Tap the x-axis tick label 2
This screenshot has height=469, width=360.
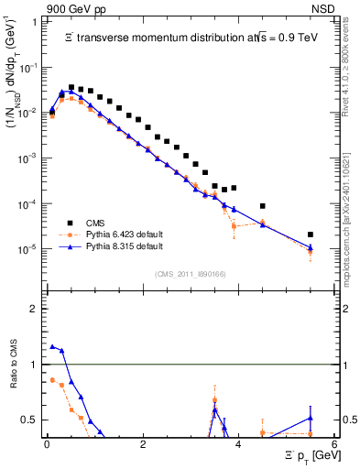pyautogui.click(x=142, y=443)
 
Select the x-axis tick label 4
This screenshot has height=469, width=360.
pyautogui.click(x=238, y=443)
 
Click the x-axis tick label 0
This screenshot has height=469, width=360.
pyautogui.click(x=47, y=443)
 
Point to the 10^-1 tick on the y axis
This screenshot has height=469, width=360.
pyautogui.click(x=27, y=68)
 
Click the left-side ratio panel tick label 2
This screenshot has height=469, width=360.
pyautogui.click(x=32, y=309)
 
